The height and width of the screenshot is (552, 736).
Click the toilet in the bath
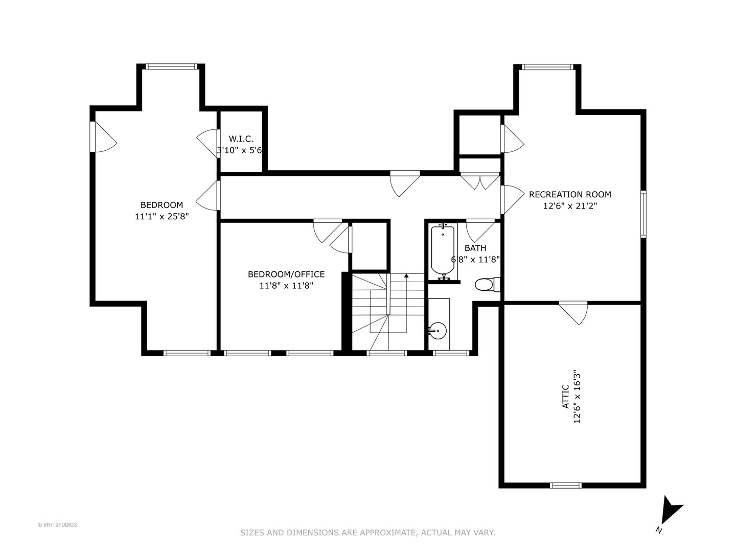[x=487, y=285]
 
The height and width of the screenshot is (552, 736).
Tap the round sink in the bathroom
[x=437, y=331]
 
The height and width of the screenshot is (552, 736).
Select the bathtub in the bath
[x=443, y=250]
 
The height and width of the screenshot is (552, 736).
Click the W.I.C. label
[x=241, y=139]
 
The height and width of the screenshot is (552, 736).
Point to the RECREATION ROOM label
[x=570, y=194]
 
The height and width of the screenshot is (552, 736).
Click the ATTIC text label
[x=565, y=397]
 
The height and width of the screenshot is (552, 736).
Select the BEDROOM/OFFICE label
[x=286, y=274]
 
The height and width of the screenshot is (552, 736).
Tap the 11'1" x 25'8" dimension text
[x=162, y=217]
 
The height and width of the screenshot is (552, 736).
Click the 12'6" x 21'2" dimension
[x=570, y=206]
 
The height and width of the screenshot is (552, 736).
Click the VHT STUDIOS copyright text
[x=57, y=525]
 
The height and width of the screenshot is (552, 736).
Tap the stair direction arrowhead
[x=406, y=276]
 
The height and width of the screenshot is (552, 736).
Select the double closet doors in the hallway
[x=480, y=181]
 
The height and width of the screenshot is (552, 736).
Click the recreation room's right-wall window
[x=643, y=214]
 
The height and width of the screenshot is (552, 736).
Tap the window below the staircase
[x=386, y=353]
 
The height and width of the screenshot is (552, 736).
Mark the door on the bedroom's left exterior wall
[x=103, y=137]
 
